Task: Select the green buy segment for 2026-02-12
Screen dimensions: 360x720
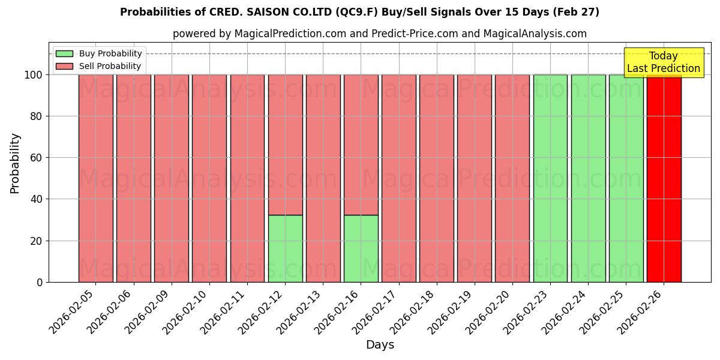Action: (285, 248)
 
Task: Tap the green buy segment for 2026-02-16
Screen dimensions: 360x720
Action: (361, 248)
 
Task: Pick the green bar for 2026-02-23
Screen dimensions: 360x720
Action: (550, 178)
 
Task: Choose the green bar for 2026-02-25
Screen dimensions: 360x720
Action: (626, 178)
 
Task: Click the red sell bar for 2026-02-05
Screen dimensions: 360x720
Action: (96, 178)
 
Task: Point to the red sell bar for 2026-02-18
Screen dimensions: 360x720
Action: (437, 178)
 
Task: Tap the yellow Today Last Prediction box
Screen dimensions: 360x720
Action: (663, 62)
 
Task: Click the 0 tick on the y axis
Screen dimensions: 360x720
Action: (40, 282)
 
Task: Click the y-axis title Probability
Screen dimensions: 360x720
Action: (15, 163)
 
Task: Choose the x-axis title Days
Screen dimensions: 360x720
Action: (380, 345)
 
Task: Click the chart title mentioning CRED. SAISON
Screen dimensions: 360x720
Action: (359, 12)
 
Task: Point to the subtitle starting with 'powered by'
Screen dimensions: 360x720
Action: (380, 34)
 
